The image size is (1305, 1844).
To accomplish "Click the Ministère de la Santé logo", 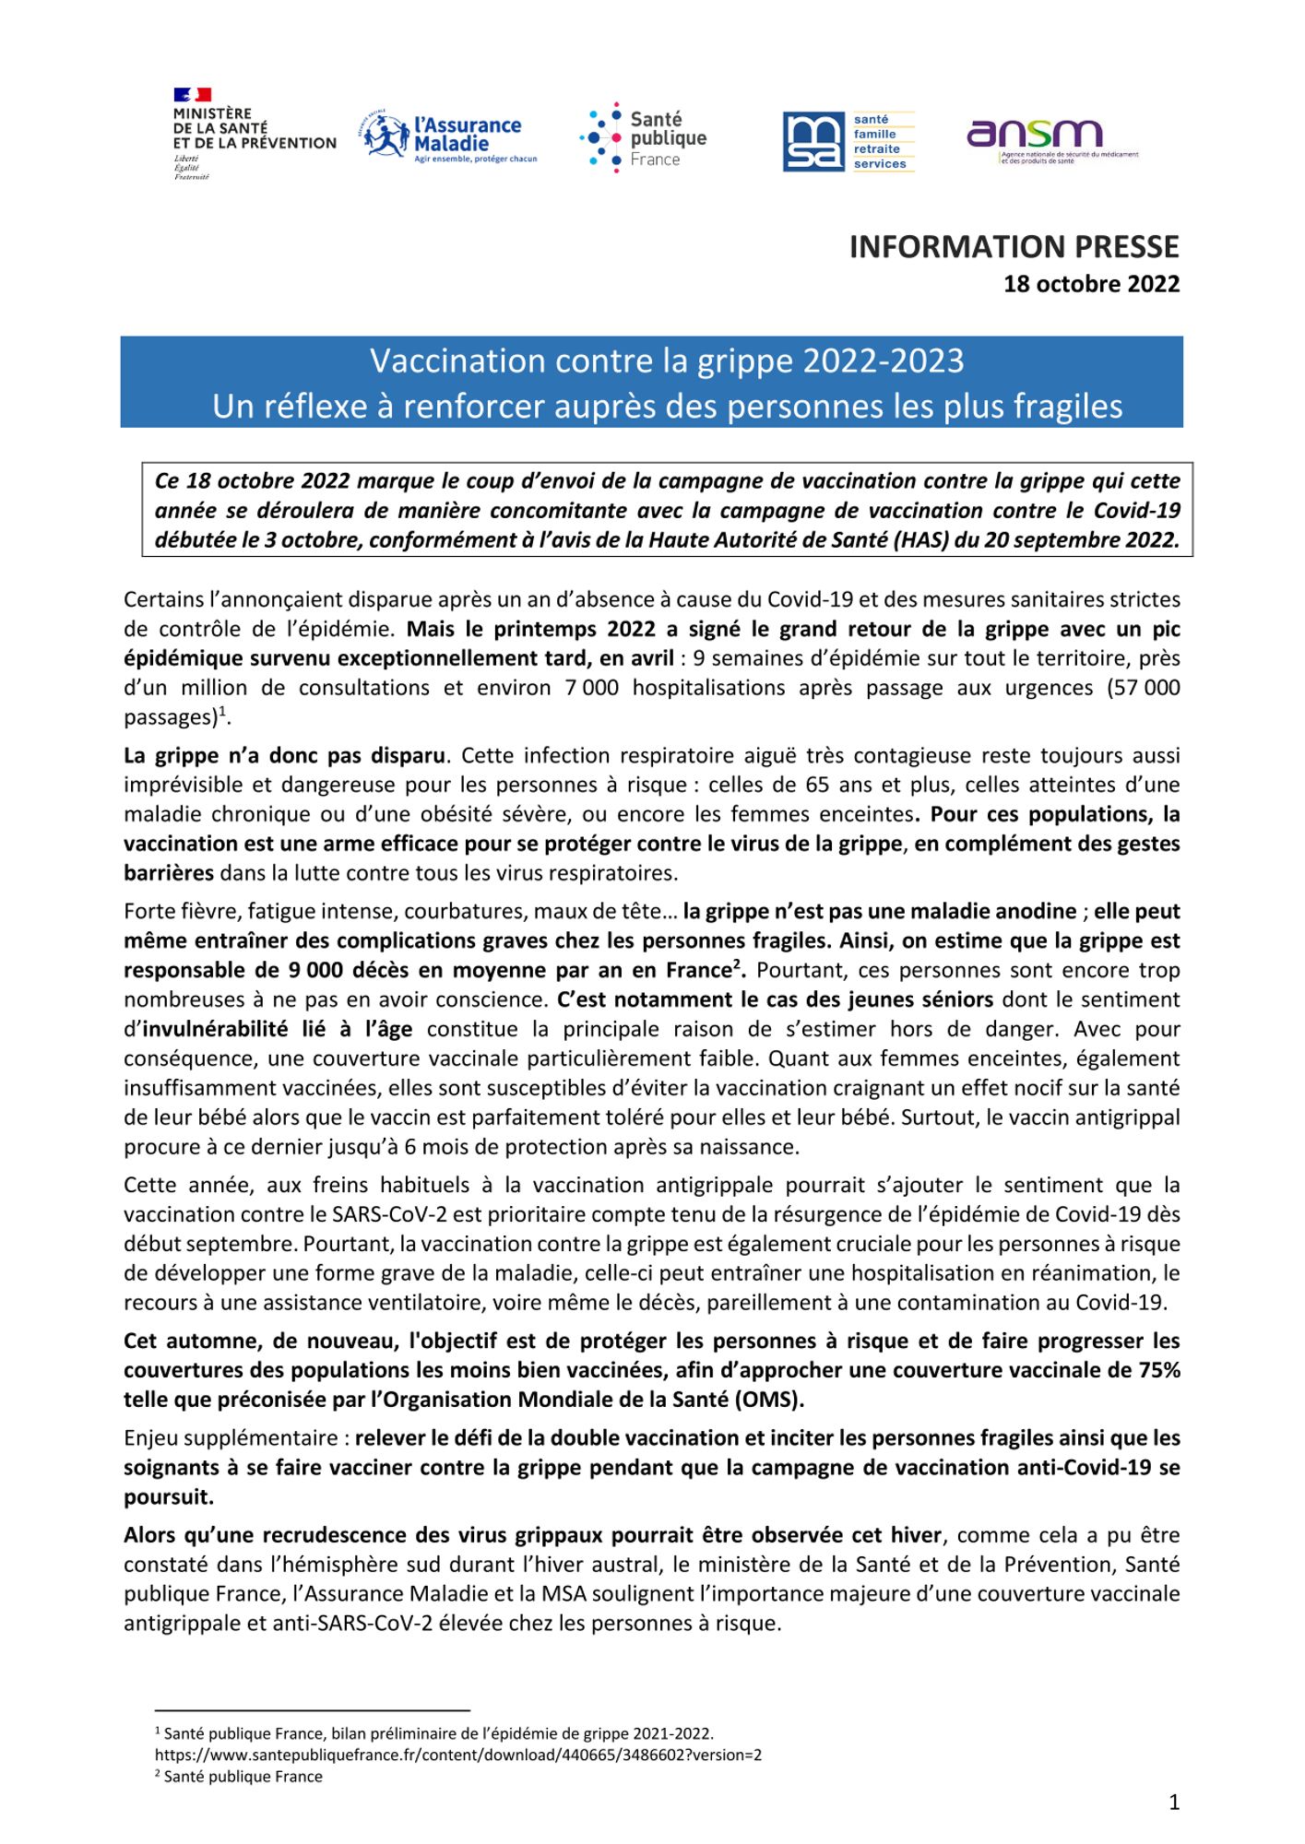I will pyautogui.click(x=254, y=134).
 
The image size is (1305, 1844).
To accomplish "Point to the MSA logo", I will pyautogui.click(x=848, y=141).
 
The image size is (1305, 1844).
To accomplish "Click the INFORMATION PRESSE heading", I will pyautogui.click(x=1014, y=247).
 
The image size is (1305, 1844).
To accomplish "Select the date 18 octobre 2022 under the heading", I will pyautogui.click(x=1091, y=284).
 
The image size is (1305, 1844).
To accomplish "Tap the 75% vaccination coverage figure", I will pyautogui.click(x=1158, y=1370).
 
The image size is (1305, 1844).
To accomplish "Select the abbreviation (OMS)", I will pyautogui.click(x=769, y=1400).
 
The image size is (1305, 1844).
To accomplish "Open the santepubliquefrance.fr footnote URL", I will pyautogui.click(x=457, y=1755).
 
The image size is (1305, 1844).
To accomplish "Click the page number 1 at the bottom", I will pyautogui.click(x=1173, y=1803).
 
